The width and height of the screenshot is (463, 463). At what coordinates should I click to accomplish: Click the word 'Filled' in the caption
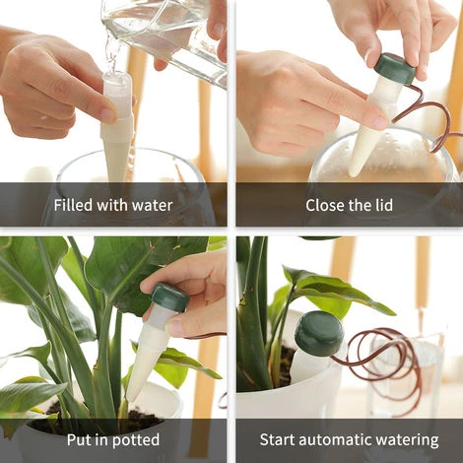75,206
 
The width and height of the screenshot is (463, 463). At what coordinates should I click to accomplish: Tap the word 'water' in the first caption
151,206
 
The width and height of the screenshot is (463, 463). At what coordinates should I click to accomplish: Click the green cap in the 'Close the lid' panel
394,68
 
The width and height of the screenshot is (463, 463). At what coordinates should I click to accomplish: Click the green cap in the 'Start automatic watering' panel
319,333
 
